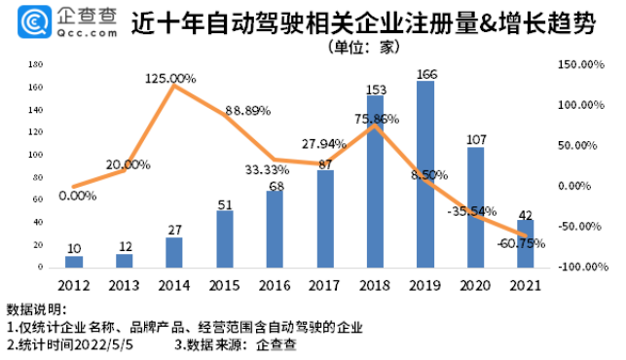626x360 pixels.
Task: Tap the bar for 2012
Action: [x=74, y=262]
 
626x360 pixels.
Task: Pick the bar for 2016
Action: [x=275, y=230]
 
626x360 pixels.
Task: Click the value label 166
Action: [x=424, y=73]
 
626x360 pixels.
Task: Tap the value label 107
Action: [x=475, y=139]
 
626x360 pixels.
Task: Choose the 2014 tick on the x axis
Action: [x=173, y=284]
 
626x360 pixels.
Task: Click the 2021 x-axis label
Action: [x=524, y=284]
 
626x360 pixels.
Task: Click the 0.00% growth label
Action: [x=78, y=196]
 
